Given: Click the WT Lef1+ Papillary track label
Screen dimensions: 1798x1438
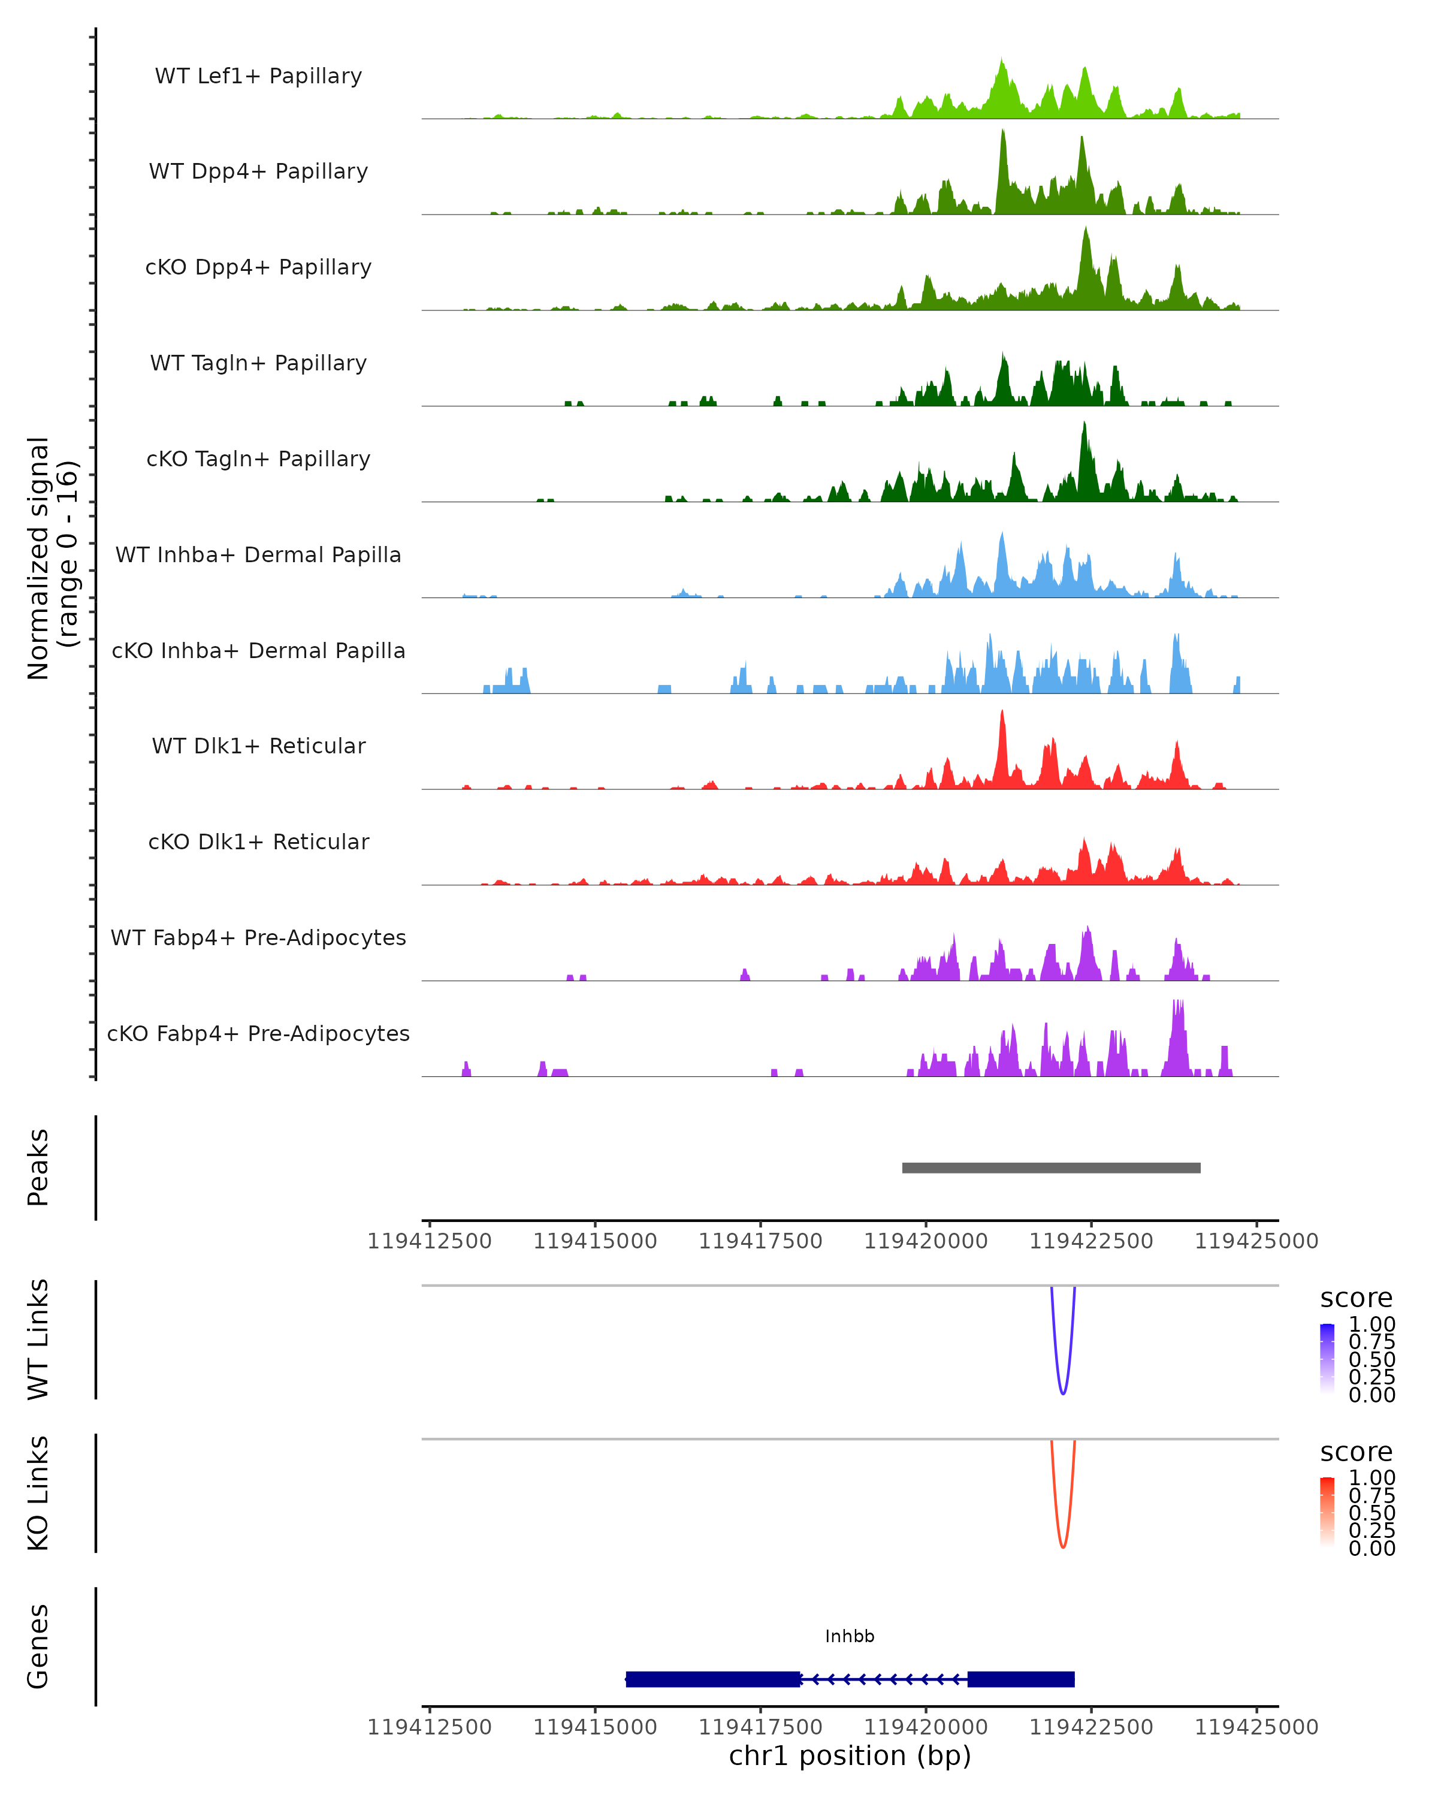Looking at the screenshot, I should coord(258,76).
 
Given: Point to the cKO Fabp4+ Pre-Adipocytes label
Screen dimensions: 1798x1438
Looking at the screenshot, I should coord(258,1033).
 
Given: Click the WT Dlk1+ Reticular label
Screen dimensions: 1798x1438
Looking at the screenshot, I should coord(258,746).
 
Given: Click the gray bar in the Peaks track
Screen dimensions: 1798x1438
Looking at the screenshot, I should coord(1050,1168).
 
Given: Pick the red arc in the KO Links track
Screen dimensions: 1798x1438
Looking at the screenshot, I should coord(1062,1545).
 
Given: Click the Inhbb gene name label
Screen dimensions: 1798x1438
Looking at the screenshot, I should coord(850,1636).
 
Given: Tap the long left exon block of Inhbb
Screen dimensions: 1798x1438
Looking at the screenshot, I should coord(713,1679).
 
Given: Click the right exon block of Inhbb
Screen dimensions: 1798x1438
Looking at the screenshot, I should coord(1020,1679).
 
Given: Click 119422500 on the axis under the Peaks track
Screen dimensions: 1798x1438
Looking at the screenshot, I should coord(1090,1241).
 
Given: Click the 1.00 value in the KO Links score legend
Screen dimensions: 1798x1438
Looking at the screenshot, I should coord(1371,1478).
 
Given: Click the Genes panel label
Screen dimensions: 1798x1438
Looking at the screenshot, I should coord(38,1646).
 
